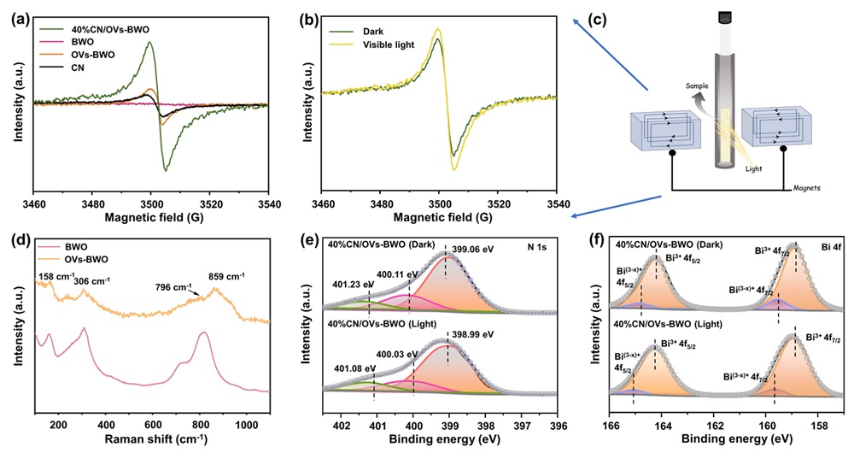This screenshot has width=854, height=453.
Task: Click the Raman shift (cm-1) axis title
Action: (152, 440)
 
